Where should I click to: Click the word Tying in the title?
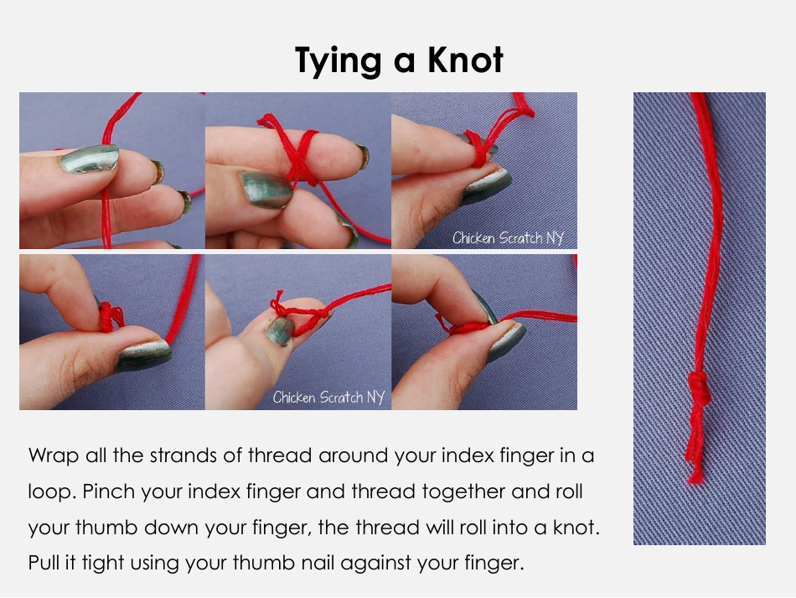[339, 60]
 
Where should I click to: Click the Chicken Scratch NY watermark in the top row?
[508, 238]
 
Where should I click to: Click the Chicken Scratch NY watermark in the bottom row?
[328, 397]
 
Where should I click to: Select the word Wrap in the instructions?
[54, 455]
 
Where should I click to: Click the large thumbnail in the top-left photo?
[90, 159]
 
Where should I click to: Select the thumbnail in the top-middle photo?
[265, 190]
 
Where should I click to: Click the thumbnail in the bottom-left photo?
[143, 354]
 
